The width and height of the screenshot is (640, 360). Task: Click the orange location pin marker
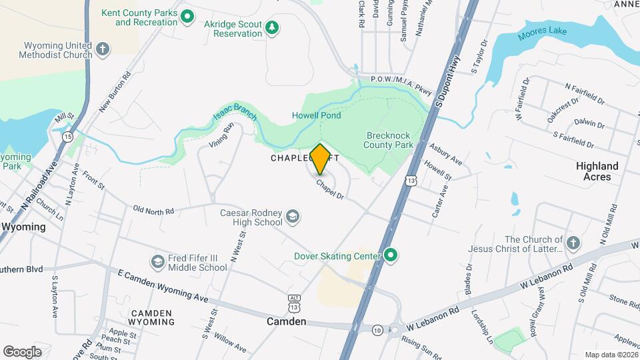320,159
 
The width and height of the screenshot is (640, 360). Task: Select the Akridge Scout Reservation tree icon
271,27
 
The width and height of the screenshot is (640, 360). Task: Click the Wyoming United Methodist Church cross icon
102,49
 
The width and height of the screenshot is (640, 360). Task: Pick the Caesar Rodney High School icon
292,216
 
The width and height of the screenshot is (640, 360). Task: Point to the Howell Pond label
317,115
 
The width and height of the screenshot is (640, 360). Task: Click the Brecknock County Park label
389,139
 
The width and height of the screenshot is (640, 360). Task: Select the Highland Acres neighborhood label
597,171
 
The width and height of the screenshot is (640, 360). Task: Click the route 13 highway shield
411,181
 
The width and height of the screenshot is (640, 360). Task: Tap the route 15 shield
68,137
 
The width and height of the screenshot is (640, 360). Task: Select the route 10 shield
377,329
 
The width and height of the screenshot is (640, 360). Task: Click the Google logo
22,351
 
